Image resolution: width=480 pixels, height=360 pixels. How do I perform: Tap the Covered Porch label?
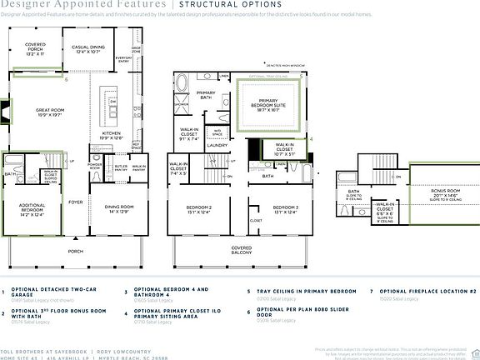coord(35,46)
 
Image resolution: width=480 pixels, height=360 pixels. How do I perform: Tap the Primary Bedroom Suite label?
coord(269,103)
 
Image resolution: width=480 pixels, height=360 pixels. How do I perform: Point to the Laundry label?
coord(218,145)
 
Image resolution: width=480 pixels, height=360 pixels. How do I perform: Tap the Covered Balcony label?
coord(242,248)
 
